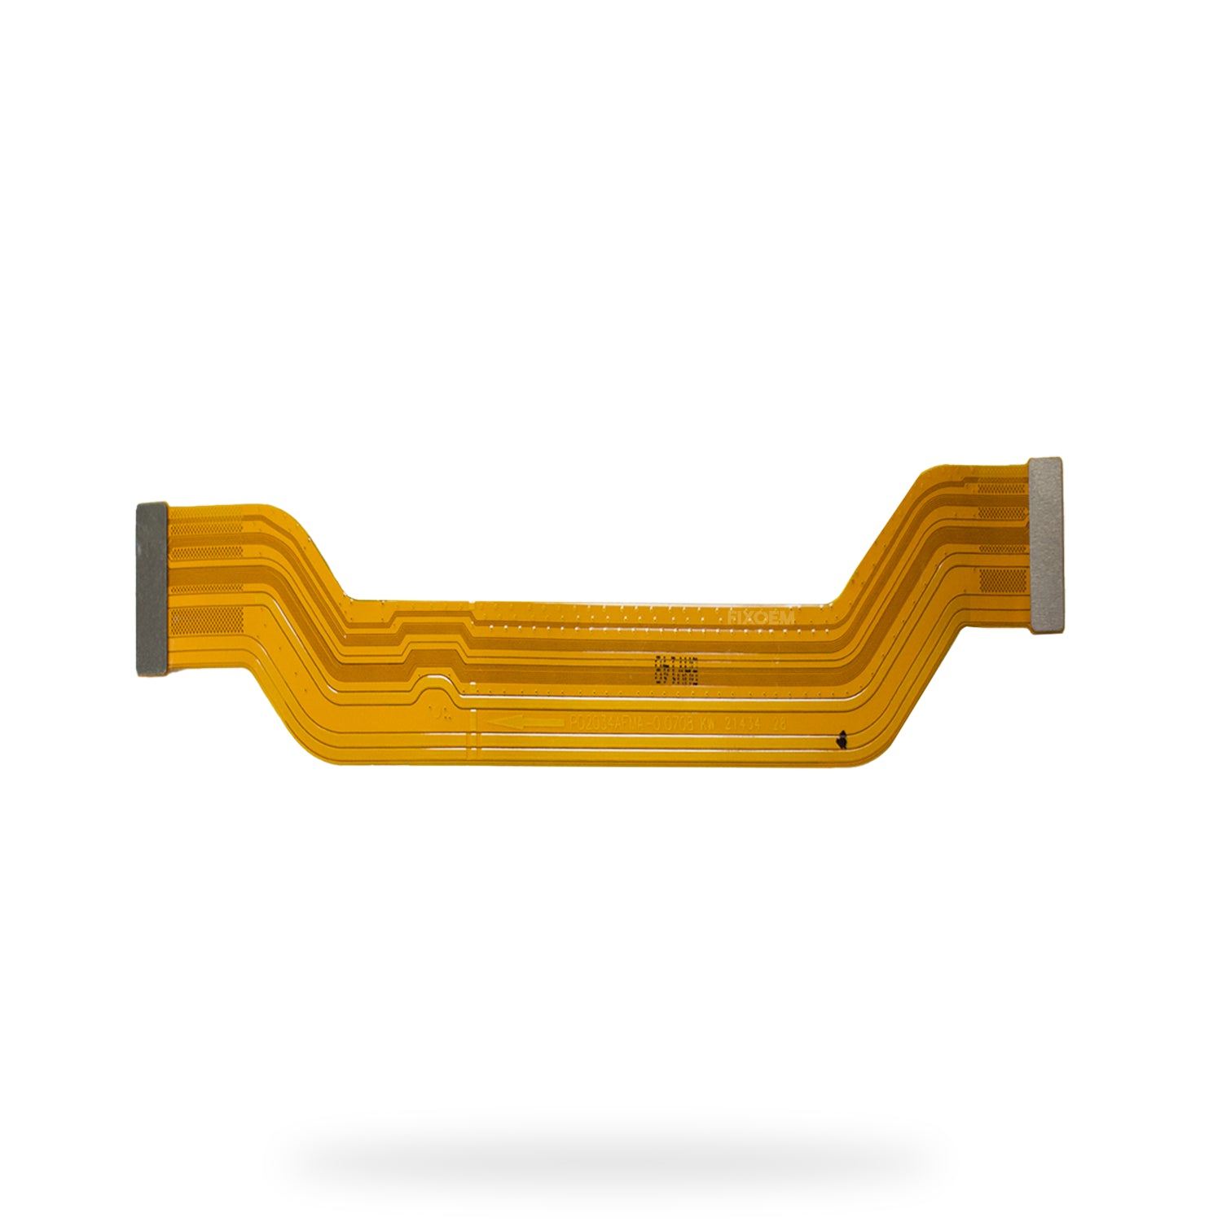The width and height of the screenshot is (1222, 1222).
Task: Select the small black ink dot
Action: pos(839,741)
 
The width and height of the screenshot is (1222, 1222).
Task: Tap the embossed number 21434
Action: pos(743,723)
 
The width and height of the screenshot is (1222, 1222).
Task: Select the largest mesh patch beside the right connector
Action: pos(1002,580)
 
